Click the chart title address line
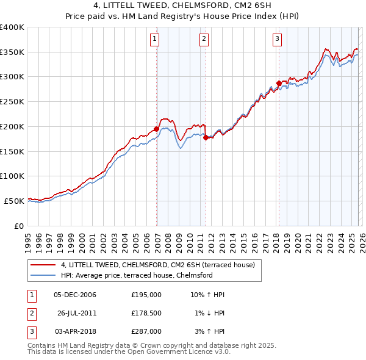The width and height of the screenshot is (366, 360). click(183, 6)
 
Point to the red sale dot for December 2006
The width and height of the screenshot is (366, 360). click(157, 129)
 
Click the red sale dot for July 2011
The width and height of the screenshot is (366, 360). click(206, 137)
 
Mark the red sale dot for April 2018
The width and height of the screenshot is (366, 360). click(279, 83)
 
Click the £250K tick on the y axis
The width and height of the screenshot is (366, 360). click(12, 101)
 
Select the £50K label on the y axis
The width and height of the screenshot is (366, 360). click(15, 201)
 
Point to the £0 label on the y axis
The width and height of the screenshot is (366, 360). click(20, 226)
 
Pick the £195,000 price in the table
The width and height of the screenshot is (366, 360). click(146, 295)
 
